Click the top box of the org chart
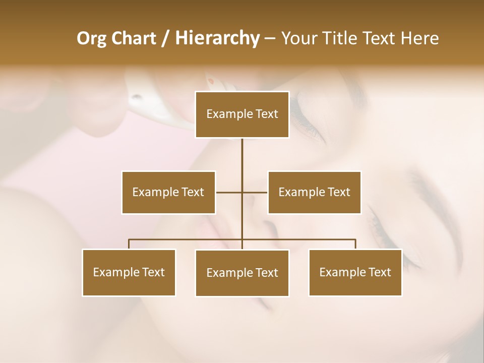point(242,114)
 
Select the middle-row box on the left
point(168,193)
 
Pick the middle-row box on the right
point(314,193)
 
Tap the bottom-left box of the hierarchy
point(129,273)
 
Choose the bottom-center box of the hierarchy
point(242,273)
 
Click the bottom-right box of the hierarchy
point(355,273)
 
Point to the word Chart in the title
point(134,38)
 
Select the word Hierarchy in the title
point(217,38)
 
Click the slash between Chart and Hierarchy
point(165,38)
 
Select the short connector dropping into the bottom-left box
point(129,244)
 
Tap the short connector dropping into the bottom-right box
point(355,244)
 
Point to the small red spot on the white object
point(211,81)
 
